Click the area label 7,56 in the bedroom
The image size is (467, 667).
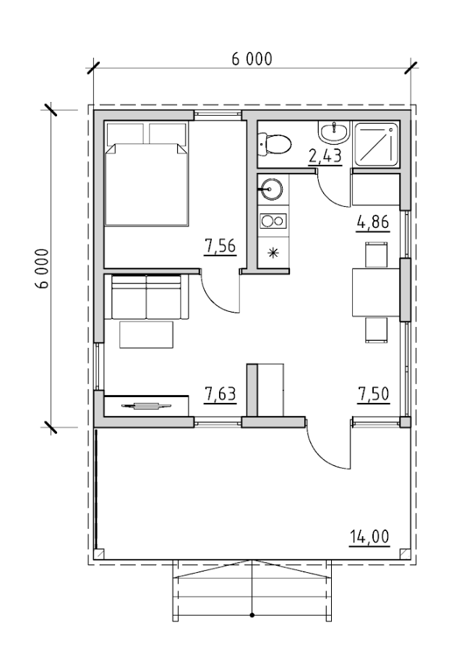tap(220, 246)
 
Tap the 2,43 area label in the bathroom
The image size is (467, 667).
tap(325, 156)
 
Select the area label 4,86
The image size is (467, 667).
tap(373, 222)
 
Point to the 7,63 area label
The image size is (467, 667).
tap(220, 394)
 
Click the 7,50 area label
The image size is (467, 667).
tap(373, 394)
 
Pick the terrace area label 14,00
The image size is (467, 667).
tap(369, 537)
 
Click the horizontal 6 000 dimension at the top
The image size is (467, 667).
tap(252, 59)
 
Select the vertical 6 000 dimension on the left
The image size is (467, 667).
tap(43, 269)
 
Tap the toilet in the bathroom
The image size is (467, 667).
tap(275, 145)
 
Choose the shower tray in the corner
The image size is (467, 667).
tap(377, 143)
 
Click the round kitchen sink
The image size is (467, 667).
tap(271, 189)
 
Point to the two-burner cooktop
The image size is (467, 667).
tap(273, 221)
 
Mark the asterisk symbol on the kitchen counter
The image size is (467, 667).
tap(273, 253)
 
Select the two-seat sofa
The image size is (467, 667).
tap(147, 297)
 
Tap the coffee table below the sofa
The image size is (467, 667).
tap(146, 335)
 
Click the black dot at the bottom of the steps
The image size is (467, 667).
tap(252, 615)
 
